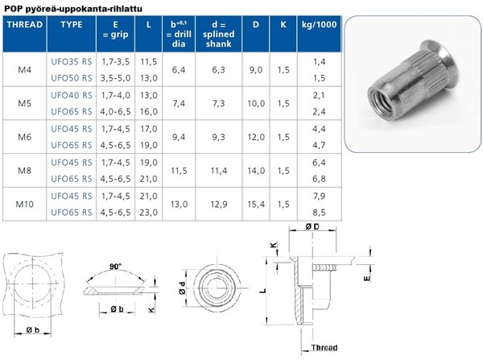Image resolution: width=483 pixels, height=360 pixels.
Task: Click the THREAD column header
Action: [x=25, y=25]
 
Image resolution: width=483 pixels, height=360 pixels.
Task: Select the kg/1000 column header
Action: [x=319, y=25]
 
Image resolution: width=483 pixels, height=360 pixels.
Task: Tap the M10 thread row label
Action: [x=25, y=204]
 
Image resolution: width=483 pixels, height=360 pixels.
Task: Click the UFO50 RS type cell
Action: [x=72, y=78]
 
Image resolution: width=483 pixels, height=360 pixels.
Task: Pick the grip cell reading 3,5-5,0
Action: [x=115, y=78]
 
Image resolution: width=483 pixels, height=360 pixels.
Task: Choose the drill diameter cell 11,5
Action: [x=179, y=171]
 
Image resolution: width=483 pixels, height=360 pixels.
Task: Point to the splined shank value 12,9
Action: [x=219, y=204]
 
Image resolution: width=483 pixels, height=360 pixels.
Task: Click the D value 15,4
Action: [x=256, y=204]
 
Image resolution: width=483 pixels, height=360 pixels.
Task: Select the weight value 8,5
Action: [x=319, y=213]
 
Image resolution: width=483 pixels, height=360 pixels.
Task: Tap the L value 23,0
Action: [x=148, y=213]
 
